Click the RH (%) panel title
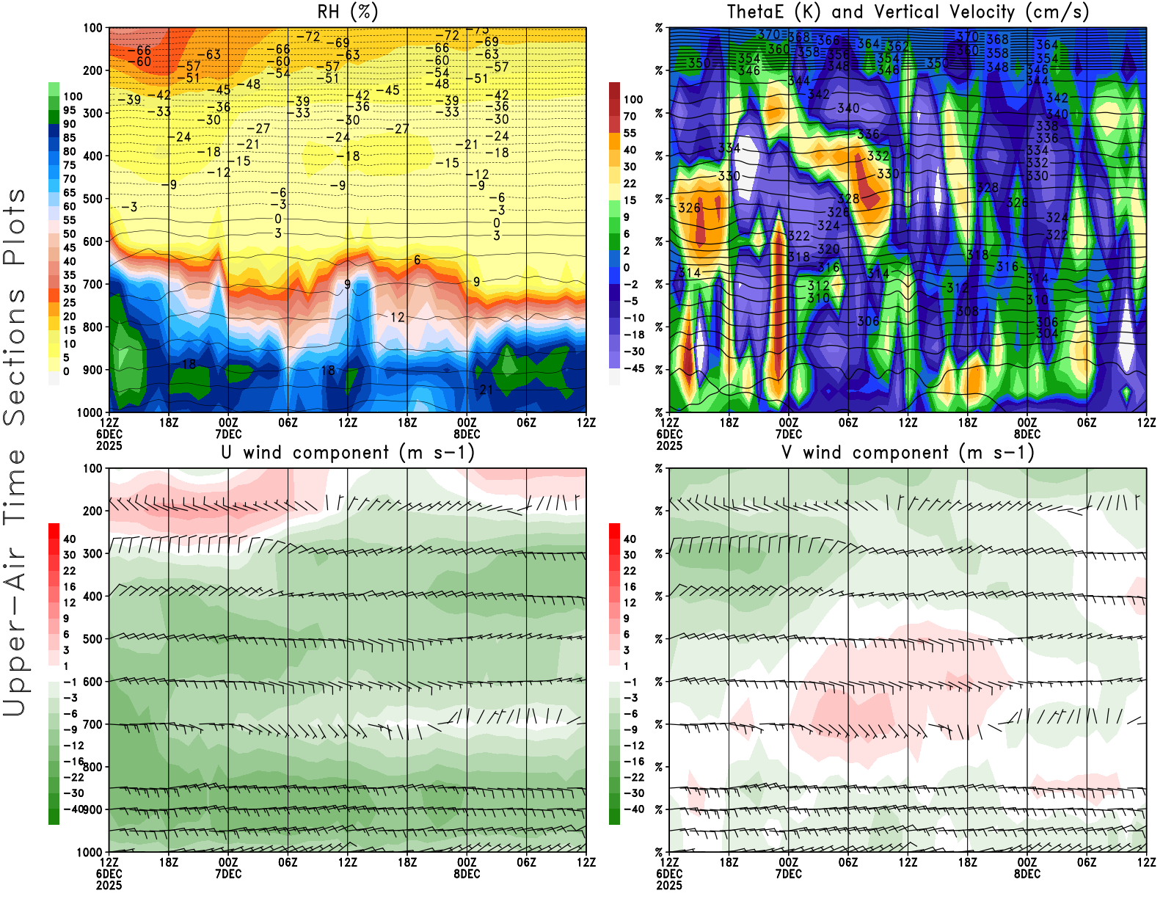tap(347, 12)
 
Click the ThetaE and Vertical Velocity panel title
tap(908, 12)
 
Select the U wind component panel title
tap(348, 453)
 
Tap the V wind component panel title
tap(908, 453)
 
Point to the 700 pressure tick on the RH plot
tap(93, 284)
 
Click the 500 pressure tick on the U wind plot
tap(93, 639)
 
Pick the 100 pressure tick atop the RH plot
tap(93, 28)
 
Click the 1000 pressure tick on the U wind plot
tap(90, 852)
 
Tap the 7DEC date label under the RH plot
tap(228, 434)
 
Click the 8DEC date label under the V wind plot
tap(1027, 874)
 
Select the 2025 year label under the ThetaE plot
tap(669, 445)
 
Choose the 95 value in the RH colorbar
tap(69, 110)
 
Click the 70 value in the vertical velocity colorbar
tap(630, 116)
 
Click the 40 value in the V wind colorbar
tap(630, 539)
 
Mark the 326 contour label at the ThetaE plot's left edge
tap(690, 208)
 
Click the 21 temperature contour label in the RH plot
tap(486, 390)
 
